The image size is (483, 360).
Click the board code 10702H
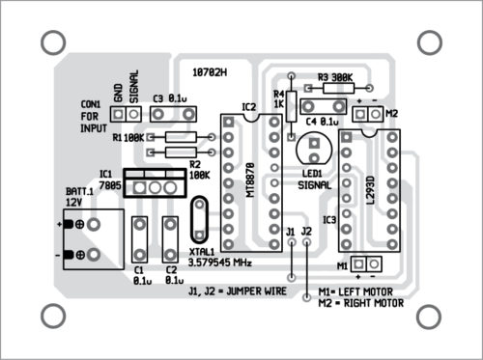click(210, 72)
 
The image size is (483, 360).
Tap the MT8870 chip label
click(250, 180)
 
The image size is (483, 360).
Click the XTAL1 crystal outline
click(190, 220)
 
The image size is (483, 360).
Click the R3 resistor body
click(338, 88)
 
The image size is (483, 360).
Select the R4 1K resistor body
click(291, 106)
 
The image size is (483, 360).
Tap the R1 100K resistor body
click(181, 137)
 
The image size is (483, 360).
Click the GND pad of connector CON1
click(118, 114)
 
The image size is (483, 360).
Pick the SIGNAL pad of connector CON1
click(134, 114)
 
